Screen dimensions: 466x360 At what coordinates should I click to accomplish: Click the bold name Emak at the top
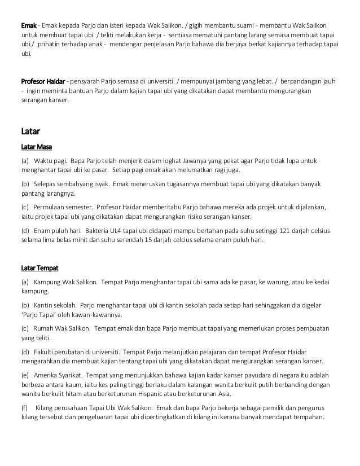[28, 27]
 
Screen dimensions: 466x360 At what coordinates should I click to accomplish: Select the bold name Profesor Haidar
[42, 81]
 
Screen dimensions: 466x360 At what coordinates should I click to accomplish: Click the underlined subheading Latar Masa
[36, 148]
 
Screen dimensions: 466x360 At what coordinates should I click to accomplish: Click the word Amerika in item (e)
[50, 375]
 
